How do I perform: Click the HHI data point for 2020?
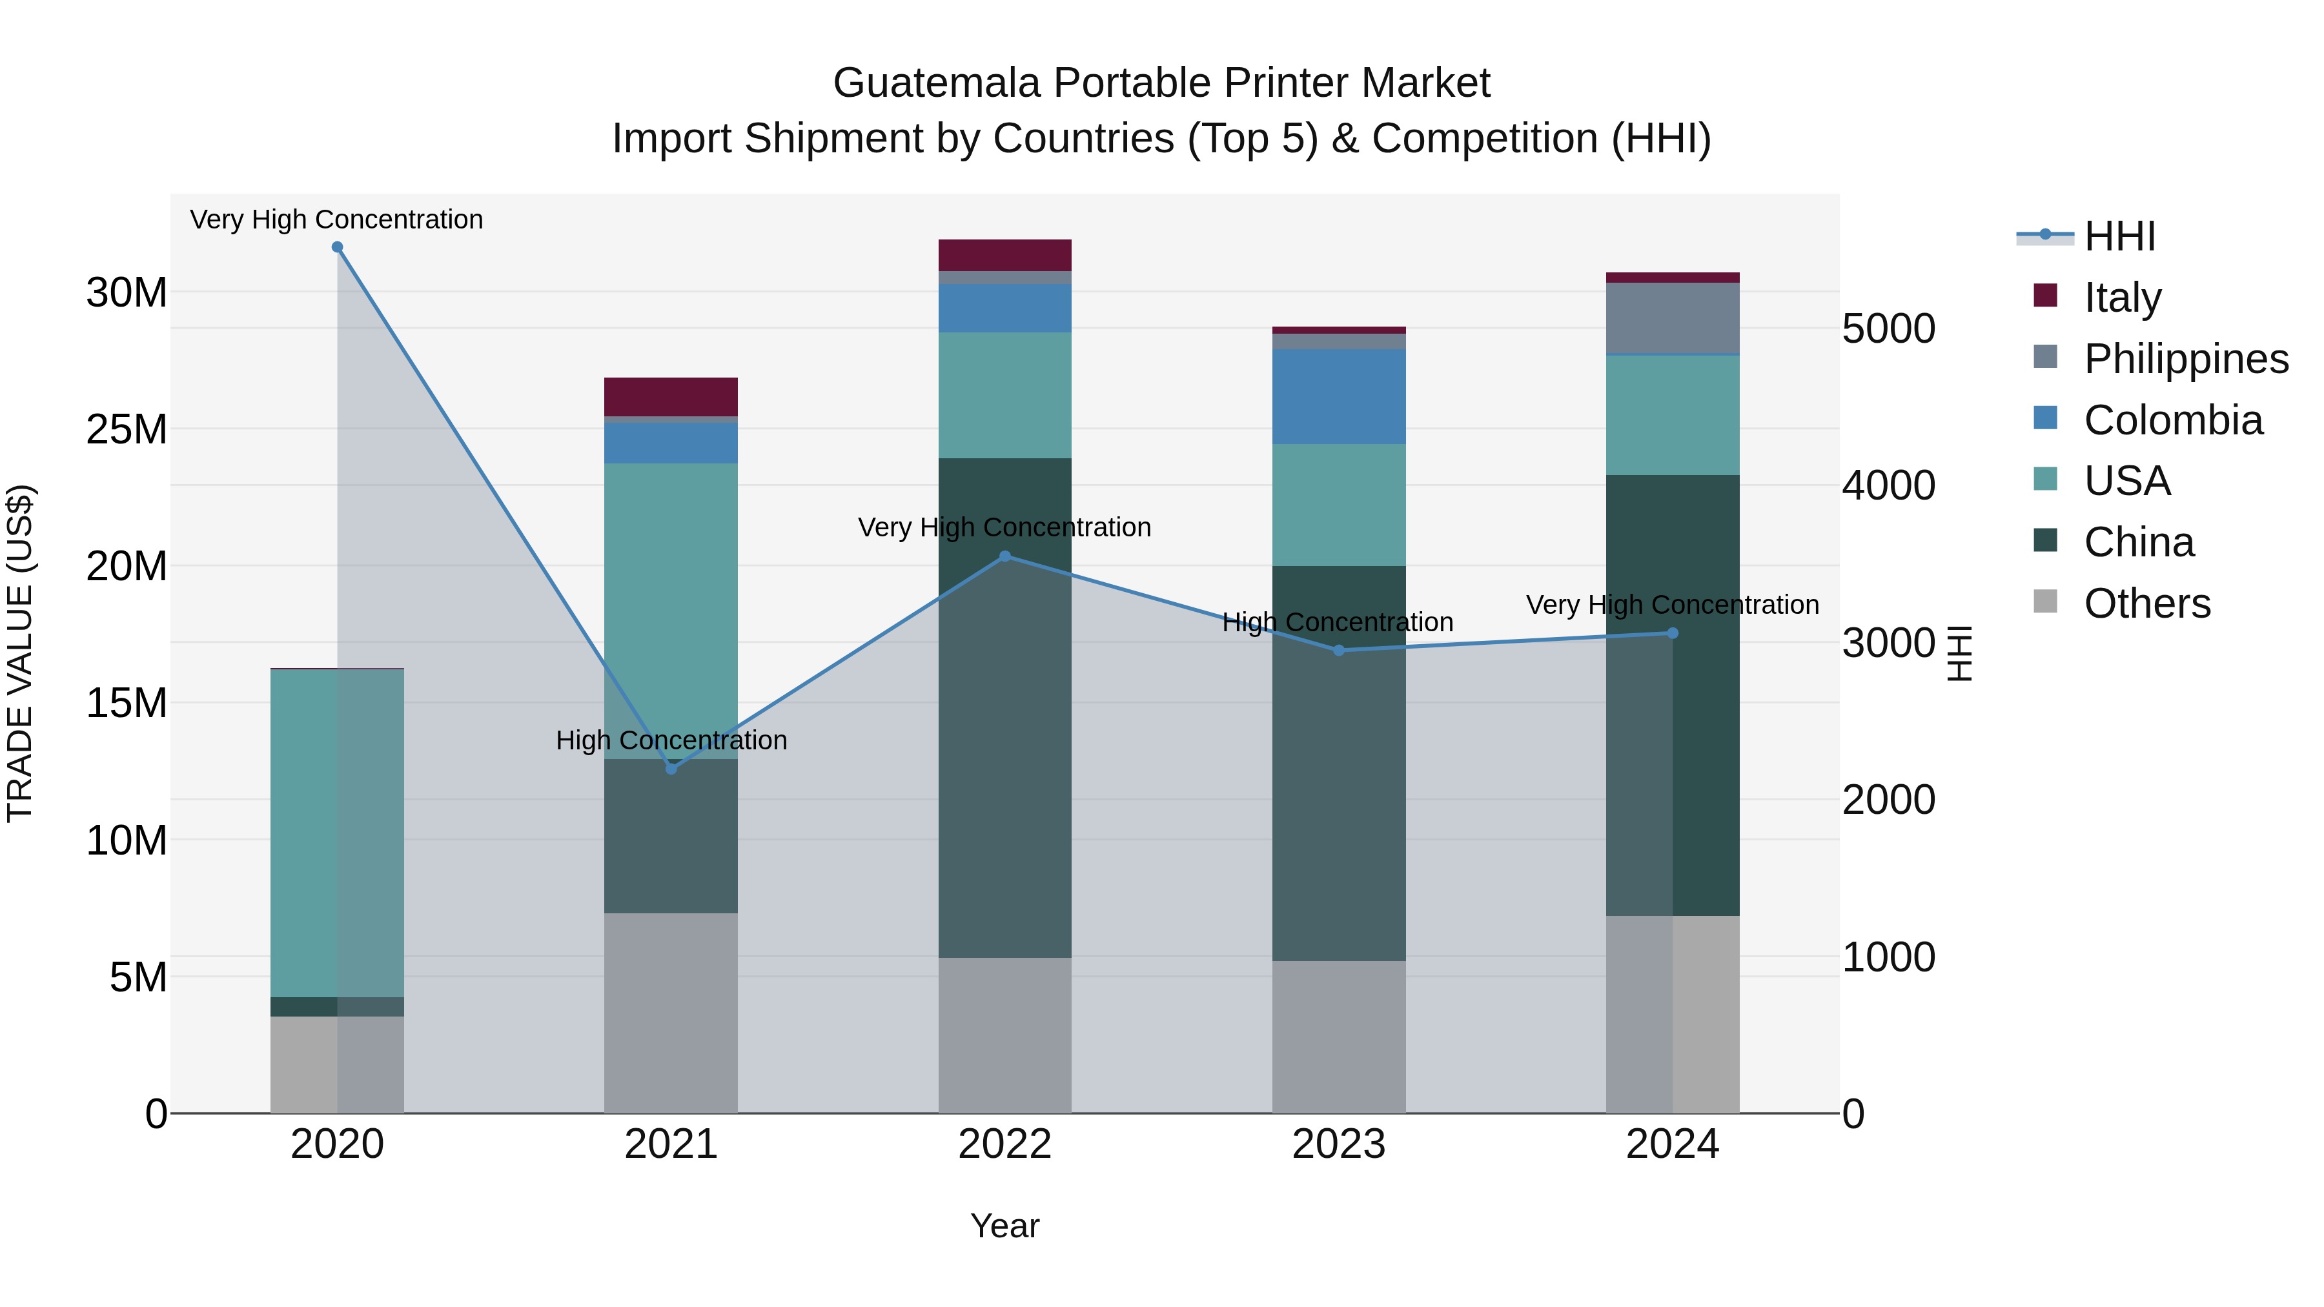(338, 247)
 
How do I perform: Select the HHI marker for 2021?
(671, 769)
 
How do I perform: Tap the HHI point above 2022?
(1005, 556)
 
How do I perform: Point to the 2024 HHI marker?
(1673, 633)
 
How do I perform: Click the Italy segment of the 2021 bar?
(671, 397)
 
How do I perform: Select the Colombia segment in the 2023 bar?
(1339, 397)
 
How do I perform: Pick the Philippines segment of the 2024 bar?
(1673, 318)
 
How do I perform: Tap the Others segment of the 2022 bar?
(1005, 1035)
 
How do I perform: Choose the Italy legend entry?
(2122, 298)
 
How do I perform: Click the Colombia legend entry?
(2172, 420)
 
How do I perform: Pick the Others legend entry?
(2146, 603)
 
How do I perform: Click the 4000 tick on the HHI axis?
(1888, 486)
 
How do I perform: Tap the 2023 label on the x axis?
(1339, 1144)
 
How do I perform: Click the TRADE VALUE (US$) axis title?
(21, 653)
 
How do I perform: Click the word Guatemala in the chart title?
(937, 83)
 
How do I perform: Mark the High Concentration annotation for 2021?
(671, 740)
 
